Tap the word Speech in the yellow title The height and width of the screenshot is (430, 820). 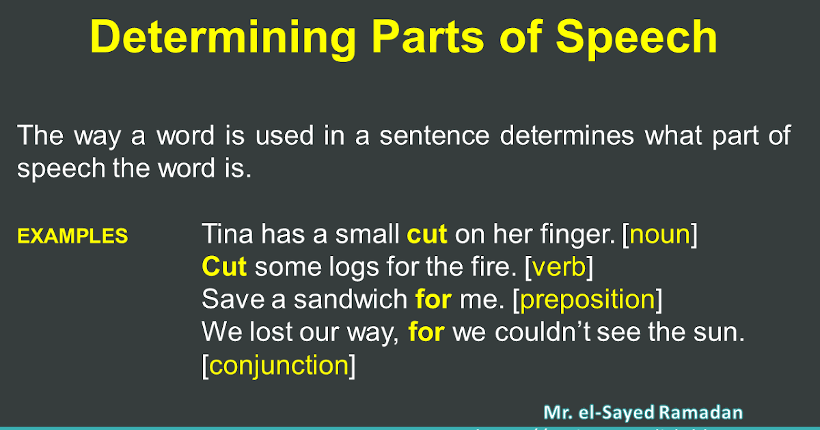(636, 38)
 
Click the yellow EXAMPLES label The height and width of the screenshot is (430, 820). (72, 236)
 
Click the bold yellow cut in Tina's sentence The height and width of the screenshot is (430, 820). (427, 234)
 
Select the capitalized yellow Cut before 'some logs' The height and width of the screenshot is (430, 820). (224, 267)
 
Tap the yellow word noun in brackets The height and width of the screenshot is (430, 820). (659, 234)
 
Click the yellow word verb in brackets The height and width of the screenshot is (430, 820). (559, 267)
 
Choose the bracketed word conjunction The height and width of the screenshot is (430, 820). (279, 366)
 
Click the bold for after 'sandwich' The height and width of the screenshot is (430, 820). (433, 300)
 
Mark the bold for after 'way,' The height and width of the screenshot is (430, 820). (426, 332)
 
